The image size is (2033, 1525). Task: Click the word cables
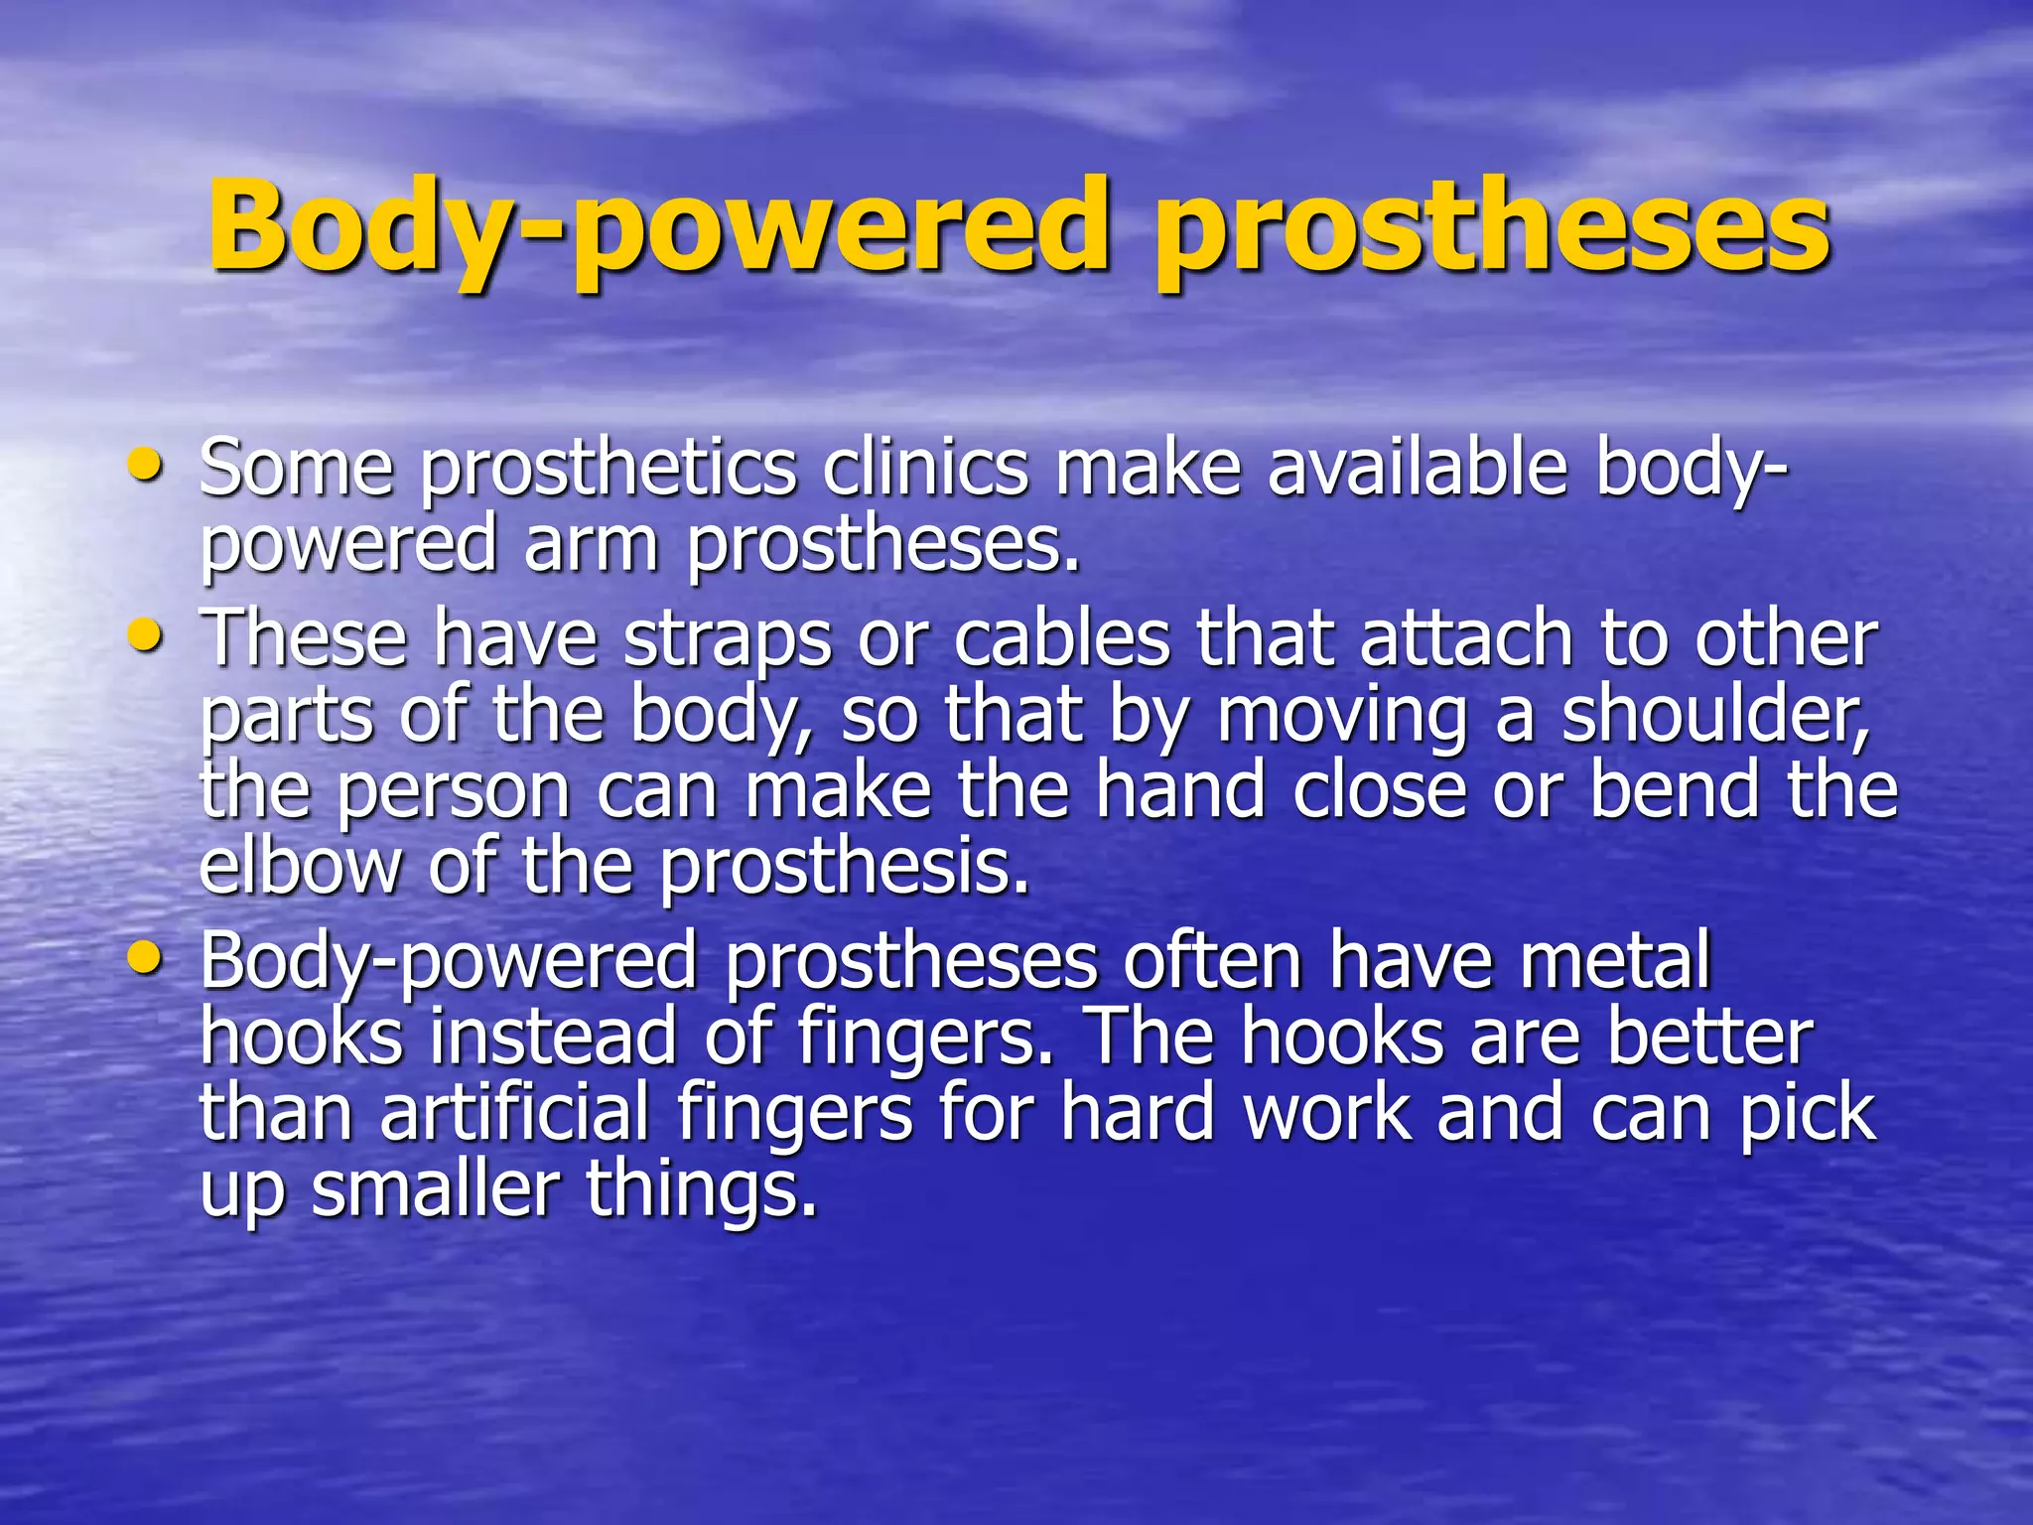(x=1062, y=637)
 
